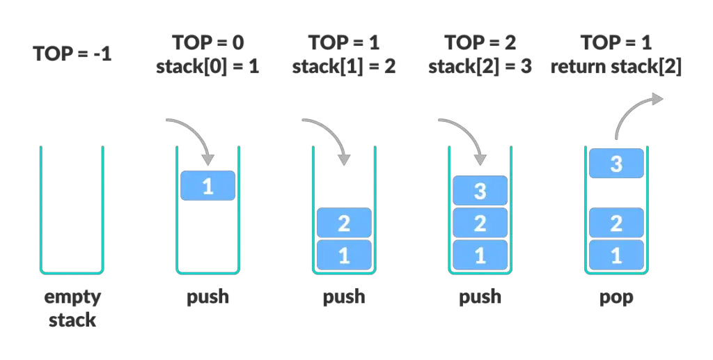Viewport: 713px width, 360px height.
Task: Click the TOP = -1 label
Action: click(72, 54)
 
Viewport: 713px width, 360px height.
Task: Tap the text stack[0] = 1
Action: click(207, 66)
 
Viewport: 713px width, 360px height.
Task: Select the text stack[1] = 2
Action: click(344, 66)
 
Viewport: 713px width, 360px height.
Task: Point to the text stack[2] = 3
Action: click(480, 66)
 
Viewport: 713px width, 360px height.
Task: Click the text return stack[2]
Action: click(616, 66)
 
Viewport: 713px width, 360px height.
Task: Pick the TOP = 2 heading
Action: click(480, 42)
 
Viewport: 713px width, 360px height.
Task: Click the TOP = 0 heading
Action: click(207, 42)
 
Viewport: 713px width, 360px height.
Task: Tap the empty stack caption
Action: click(72, 308)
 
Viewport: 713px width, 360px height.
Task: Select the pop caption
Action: click(616, 298)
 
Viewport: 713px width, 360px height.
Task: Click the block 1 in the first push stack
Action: click(207, 185)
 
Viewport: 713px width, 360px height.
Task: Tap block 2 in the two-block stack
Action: click(344, 223)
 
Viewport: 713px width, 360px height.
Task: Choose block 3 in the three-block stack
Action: click(480, 191)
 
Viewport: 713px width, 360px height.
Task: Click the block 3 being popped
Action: click(617, 163)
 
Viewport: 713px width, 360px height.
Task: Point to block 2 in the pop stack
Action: click(617, 223)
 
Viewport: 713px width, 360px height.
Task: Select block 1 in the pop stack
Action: click(617, 255)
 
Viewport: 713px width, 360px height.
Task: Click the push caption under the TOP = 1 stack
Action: click(344, 297)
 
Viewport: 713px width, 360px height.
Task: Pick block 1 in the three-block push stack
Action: click(480, 255)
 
